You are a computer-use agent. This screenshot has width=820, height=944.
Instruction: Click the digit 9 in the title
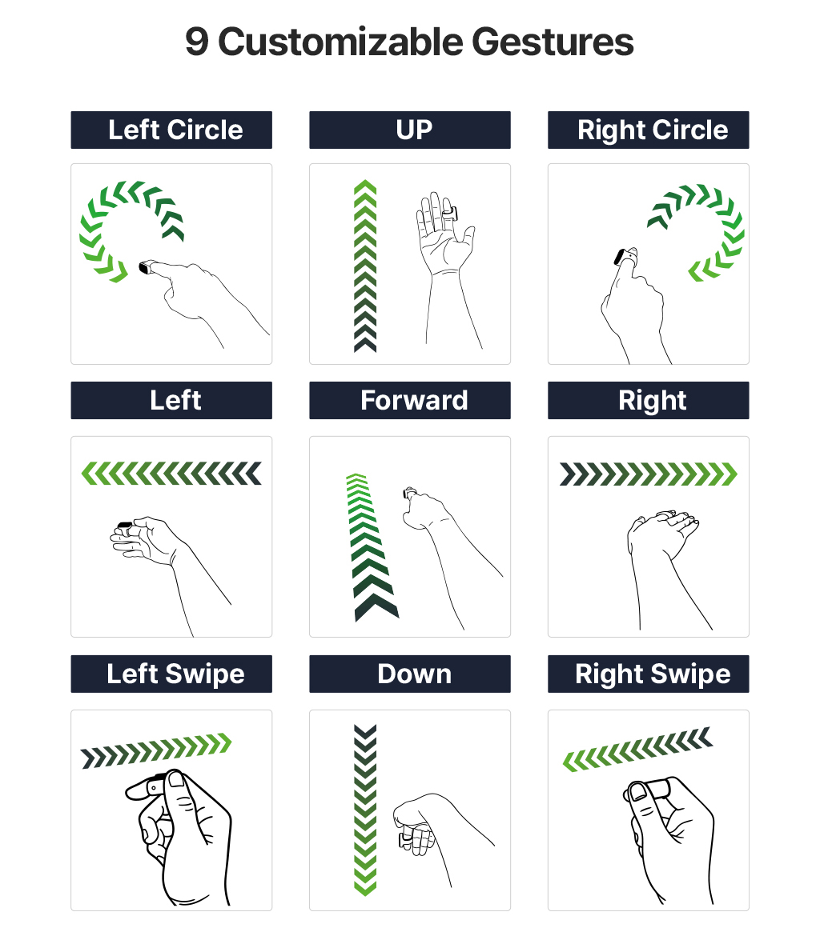pyautogui.click(x=197, y=42)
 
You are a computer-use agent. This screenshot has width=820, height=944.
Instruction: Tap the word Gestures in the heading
pyautogui.click(x=553, y=42)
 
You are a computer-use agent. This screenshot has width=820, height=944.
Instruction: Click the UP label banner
pyautogui.click(x=410, y=130)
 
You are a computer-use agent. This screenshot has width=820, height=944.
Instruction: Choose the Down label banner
pyautogui.click(x=410, y=674)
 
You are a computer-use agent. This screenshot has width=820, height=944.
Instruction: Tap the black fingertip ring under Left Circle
pyautogui.click(x=145, y=266)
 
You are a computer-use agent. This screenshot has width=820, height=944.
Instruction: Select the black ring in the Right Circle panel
pyautogui.click(x=620, y=257)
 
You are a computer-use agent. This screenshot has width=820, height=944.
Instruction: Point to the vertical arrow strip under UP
pyautogui.click(x=365, y=266)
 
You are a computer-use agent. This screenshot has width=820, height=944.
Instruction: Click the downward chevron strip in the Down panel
pyautogui.click(x=365, y=810)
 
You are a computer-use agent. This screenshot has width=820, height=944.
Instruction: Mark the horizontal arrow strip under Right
pyautogui.click(x=649, y=474)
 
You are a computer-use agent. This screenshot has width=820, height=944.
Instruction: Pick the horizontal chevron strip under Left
pyautogui.click(x=171, y=474)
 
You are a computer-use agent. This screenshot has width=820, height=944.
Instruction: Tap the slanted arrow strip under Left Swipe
pyautogui.click(x=156, y=750)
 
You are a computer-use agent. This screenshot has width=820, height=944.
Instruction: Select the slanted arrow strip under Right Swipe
pyautogui.click(x=638, y=749)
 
